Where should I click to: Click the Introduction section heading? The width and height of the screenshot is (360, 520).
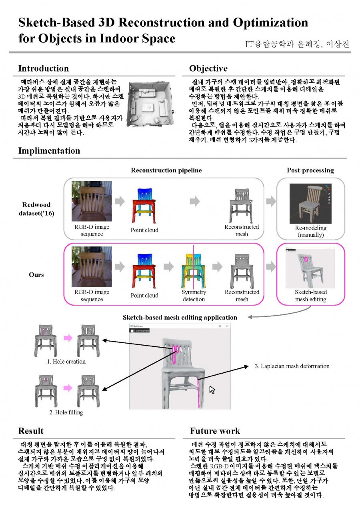coord(44,68)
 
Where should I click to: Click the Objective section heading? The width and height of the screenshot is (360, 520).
coord(208,68)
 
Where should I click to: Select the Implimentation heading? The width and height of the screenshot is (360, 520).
coord(49,151)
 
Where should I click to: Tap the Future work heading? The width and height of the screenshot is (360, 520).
coord(215,431)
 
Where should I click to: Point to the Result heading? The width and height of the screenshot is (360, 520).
coord(31,431)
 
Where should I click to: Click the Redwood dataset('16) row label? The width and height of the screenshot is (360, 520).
coord(36,209)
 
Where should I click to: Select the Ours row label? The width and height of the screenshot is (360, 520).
coord(36,275)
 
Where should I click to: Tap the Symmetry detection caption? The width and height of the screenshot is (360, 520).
coord(194,296)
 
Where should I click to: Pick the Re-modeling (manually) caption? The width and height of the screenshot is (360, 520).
coord(310,231)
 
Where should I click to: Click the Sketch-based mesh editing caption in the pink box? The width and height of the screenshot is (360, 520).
coord(310,296)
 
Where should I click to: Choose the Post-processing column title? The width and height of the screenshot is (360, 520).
coord(310,170)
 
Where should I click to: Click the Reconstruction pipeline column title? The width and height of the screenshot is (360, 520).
coord(166,170)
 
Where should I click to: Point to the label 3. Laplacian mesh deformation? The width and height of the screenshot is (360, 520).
coord(292,366)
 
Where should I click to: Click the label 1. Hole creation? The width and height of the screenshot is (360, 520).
coord(66,362)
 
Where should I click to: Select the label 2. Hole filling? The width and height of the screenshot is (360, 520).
coord(66,412)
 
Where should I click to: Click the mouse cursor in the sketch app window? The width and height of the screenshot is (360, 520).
coord(212,390)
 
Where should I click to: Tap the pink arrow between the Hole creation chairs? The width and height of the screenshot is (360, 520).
coord(68,338)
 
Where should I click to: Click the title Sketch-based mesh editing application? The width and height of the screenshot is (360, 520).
coord(180,318)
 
